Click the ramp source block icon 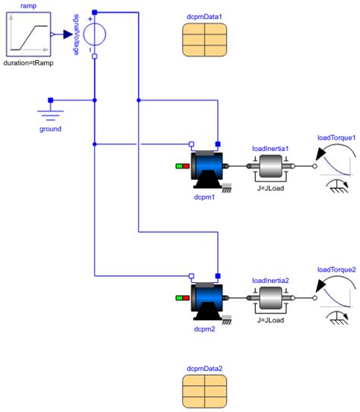click(28, 34)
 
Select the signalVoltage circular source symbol click(93, 34)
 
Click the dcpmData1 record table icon click(204, 39)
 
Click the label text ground click(50, 129)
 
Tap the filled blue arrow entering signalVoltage click(66, 34)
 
